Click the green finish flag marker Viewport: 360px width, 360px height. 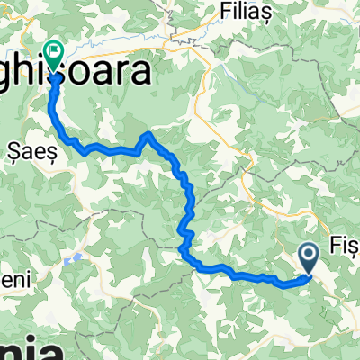coord(54,57)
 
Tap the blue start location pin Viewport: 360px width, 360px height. coord(310,260)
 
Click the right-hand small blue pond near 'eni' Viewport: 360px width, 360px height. coord(80,258)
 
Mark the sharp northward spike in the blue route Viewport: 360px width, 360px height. coord(148,134)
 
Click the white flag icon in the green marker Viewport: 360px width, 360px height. coord(54,53)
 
